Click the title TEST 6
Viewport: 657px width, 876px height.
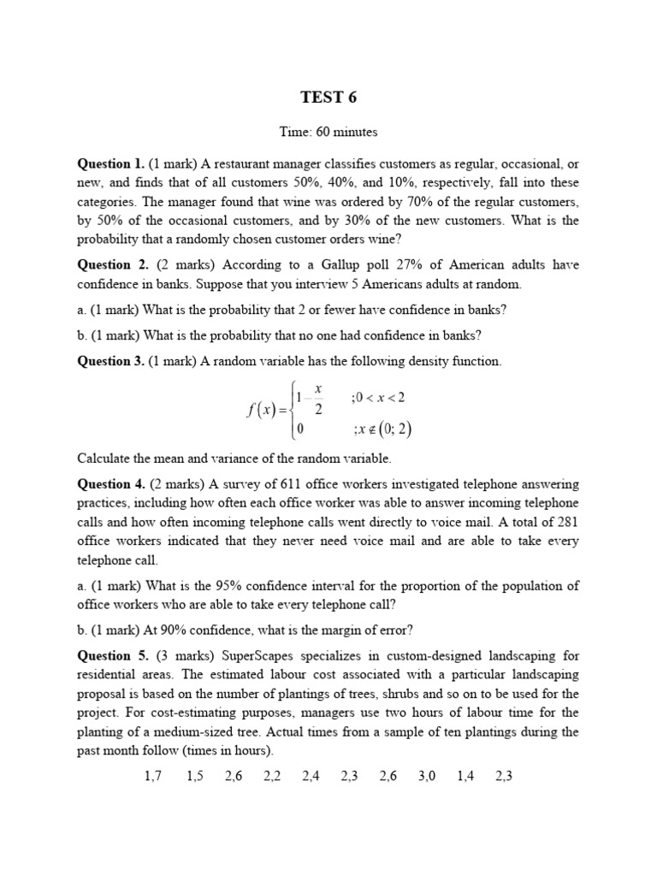pyautogui.click(x=328, y=98)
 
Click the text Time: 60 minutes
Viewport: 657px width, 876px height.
pyautogui.click(x=328, y=132)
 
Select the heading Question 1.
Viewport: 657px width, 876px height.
pyautogui.click(x=111, y=163)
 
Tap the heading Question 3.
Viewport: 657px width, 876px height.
pyautogui.click(x=111, y=361)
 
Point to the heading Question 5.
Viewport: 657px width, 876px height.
pyautogui.click(x=111, y=656)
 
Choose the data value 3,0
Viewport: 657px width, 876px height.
pyautogui.click(x=427, y=777)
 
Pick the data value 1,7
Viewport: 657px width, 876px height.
pyautogui.click(x=155, y=777)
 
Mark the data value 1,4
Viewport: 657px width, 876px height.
pyautogui.click(x=465, y=777)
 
